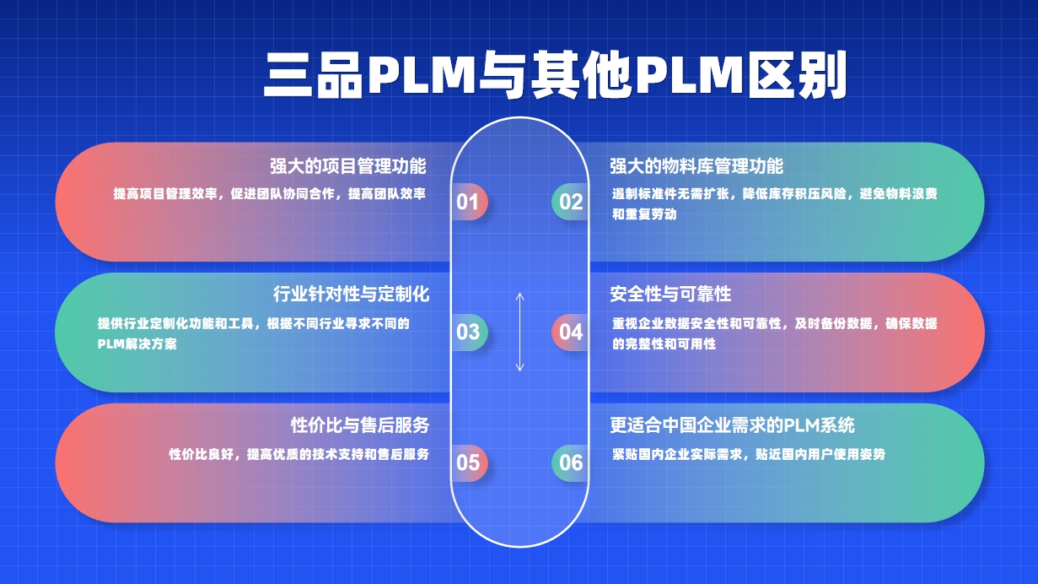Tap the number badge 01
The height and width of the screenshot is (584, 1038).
click(x=468, y=202)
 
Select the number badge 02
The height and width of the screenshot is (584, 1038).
click(x=571, y=202)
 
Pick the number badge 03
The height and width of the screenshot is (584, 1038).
click(x=468, y=332)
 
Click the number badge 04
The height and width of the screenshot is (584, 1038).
click(x=571, y=332)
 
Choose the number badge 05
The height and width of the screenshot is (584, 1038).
click(x=468, y=462)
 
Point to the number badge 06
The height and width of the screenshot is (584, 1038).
click(x=571, y=462)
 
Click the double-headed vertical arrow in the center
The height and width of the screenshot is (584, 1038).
click(x=520, y=332)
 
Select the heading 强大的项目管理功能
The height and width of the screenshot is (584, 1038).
click(x=347, y=165)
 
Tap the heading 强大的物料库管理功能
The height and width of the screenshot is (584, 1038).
click(x=696, y=165)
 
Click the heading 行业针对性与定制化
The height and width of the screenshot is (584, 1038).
click(x=352, y=295)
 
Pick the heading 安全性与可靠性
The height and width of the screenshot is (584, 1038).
click(x=670, y=295)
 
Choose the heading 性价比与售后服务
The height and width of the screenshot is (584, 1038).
click(x=360, y=424)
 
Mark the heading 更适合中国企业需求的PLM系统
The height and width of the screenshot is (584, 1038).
click(x=733, y=424)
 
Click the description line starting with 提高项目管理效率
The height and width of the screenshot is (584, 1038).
click(x=270, y=193)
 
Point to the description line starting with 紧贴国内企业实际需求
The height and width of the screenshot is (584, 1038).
click(x=749, y=454)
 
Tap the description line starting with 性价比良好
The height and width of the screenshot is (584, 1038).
click(x=298, y=454)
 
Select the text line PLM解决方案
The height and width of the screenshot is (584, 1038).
click(x=137, y=344)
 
